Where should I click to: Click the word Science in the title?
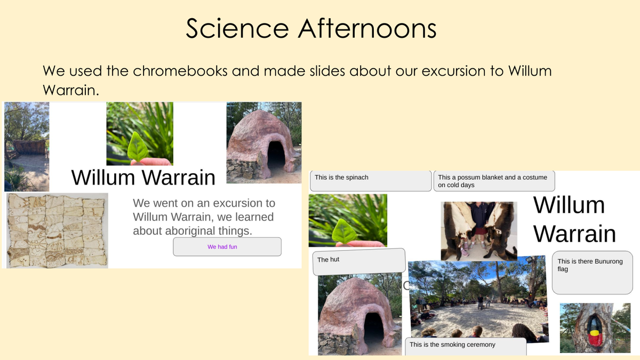tap(237, 28)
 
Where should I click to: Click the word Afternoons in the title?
tap(367, 28)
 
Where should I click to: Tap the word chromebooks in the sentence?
tap(180, 70)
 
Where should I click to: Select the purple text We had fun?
tap(222, 246)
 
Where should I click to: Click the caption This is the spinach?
tap(341, 178)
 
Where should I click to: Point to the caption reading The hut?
tap(328, 259)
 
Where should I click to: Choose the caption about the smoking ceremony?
tap(452, 345)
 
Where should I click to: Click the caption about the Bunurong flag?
tap(590, 265)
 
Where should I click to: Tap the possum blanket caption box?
tap(494, 181)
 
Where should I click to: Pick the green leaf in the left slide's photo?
tap(138, 148)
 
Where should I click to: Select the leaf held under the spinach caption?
tap(345, 231)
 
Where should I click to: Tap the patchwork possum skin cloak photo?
tap(57, 230)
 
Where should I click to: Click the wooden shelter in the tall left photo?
tap(29, 147)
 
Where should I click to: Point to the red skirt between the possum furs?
tap(481, 231)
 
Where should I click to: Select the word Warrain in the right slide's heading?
tap(574, 234)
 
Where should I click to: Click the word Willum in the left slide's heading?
tap(103, 178)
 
